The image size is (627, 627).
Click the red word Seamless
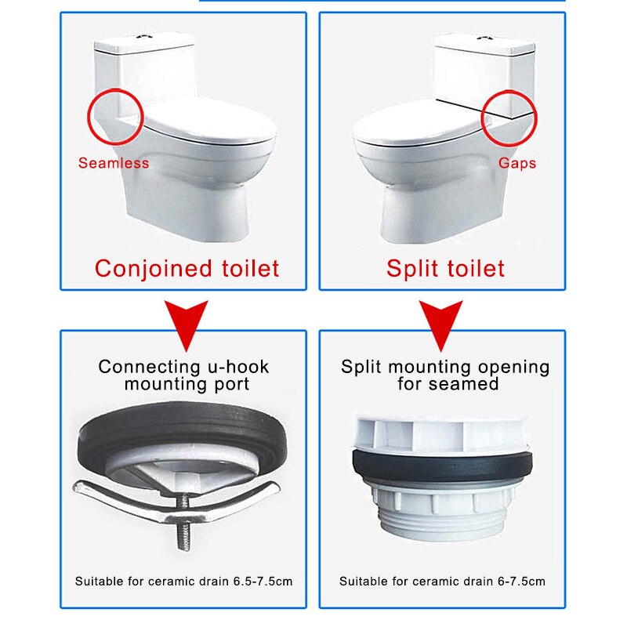(x=113, y=163)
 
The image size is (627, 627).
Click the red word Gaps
(x=517, y=163)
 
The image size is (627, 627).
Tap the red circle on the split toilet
(x=509, y=118)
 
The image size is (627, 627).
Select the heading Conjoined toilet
(x=187, y=269)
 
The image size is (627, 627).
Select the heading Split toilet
(x=445, y=269)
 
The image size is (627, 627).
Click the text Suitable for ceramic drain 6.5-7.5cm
(x=184, y=582)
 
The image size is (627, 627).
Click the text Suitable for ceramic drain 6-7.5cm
(x=442, y=582)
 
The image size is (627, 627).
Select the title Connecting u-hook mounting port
(x=184, y=375)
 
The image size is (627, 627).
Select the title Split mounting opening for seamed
(x=445, y=375)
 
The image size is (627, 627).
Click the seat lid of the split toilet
(x=415, y=125)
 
